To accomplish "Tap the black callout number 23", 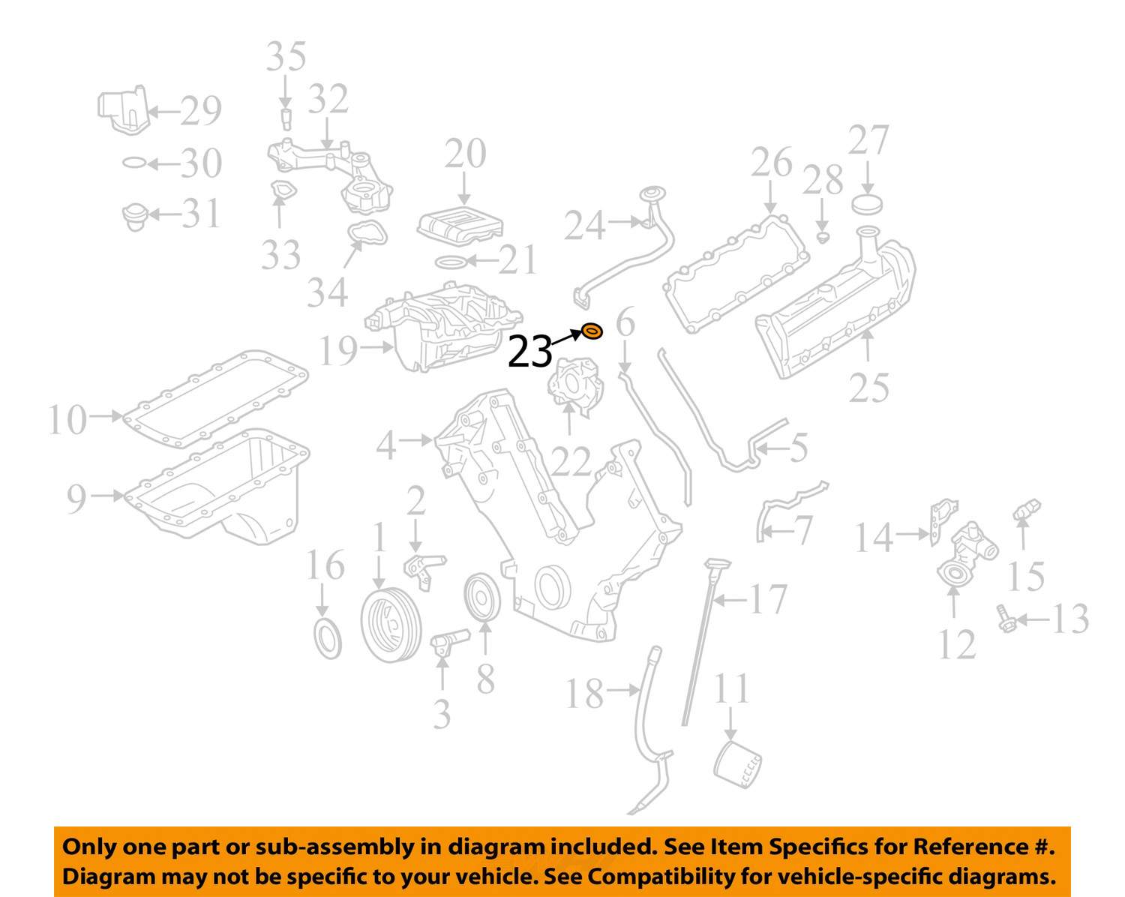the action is pos(529,352).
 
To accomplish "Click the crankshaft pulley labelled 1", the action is pos(391,625).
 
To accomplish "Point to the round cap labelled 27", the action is pos(867,203).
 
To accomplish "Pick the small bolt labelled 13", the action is pos(1006,619).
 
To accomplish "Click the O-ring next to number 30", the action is pos(134,163).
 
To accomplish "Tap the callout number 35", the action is pos(286,56).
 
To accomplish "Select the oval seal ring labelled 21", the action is pos(451,261).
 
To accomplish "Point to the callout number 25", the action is pos(868,388).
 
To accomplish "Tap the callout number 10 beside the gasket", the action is pos(67,420).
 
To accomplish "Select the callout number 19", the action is pos(338,350).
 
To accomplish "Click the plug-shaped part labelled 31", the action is pos(136,217).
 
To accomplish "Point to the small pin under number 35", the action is pos(286,119).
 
